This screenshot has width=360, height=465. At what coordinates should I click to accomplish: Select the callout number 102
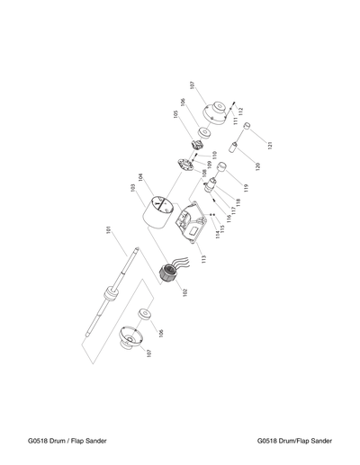(184, 291)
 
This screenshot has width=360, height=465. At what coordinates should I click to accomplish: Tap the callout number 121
(268, 142)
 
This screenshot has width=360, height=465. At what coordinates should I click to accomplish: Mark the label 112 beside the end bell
(241, 112)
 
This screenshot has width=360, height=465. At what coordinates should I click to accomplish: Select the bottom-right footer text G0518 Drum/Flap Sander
(294, 441)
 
